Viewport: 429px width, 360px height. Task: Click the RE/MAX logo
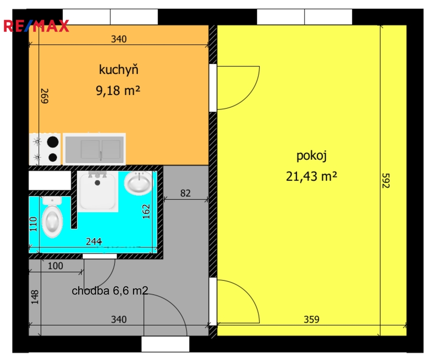click(36, 26)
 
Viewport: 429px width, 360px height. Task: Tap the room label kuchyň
click(118, 69)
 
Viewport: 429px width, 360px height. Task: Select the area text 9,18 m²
click(118, 90)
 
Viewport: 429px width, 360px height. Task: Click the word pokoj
click(311, 156)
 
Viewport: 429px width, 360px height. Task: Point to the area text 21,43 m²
click(311, 176)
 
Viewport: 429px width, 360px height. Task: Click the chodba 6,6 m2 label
click(110, 291)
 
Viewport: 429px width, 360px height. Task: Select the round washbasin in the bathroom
click(138, 183)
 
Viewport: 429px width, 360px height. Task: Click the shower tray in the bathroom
click(97, 191)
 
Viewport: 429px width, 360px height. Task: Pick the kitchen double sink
click(95, 149)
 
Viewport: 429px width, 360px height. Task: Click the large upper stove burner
click(53, 142)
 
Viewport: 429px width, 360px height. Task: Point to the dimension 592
click(385, 180)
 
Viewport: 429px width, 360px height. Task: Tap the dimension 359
click(311, 319)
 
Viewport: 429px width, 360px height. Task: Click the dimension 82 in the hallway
click(185, 193)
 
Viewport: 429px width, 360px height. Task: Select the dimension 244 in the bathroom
click(94, 241)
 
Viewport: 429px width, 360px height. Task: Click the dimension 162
click(147, 211)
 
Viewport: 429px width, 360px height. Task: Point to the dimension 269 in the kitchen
click(44, 96)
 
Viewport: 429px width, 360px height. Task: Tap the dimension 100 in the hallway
click(55, 266)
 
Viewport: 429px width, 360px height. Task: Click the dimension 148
click(35, 297)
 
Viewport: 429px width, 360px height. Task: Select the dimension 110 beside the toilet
click(33, 224)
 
